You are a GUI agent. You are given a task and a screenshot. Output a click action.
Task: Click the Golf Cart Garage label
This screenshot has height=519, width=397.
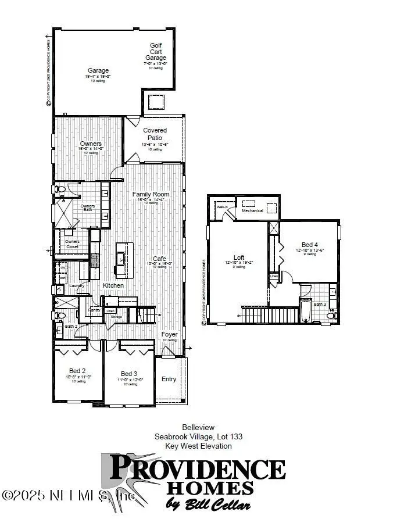(155, 51)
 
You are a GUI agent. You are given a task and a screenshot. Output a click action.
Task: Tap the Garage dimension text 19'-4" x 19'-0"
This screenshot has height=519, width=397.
(98, 76)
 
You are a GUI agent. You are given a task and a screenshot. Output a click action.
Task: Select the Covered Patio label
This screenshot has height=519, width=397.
(155, 134)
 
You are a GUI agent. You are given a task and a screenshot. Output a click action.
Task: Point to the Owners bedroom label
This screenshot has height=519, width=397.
(91, 144)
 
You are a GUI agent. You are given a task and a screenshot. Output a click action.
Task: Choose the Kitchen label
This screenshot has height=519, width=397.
(113, 286)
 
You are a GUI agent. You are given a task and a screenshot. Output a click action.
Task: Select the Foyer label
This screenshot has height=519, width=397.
(169, 334)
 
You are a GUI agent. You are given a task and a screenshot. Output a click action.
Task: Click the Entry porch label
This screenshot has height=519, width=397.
(169, 379)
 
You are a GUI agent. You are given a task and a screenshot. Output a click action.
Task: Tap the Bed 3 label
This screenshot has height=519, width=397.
(128, 373)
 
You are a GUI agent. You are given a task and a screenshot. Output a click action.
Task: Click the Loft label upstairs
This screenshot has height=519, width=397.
(239, 257)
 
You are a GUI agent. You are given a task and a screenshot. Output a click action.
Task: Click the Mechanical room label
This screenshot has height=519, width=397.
(252, 210)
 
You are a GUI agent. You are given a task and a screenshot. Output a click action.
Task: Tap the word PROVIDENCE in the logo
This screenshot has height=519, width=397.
(197, 469)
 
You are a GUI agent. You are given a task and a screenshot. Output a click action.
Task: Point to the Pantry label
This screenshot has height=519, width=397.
(95, 310)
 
